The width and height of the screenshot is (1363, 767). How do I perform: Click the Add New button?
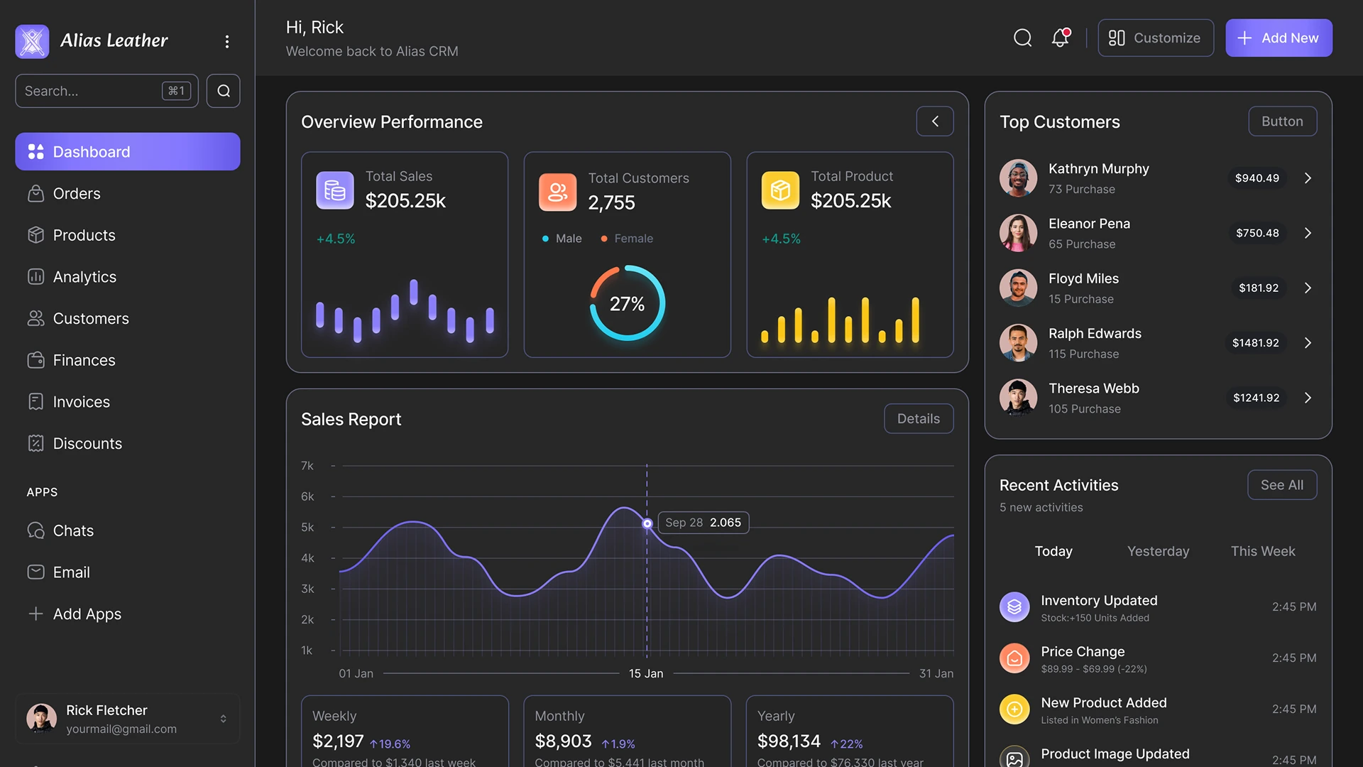coord(1278,38)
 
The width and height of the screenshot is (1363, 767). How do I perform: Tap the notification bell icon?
coord(1060,38)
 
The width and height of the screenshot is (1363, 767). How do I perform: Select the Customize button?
coord(1155,38)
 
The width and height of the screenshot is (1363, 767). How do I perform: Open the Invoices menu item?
coord(81,402)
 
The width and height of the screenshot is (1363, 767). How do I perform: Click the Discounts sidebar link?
coord(87,444)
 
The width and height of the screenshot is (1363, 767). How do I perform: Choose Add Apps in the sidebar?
coord(87,614)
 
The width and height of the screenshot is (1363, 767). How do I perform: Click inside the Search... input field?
coord(89,91)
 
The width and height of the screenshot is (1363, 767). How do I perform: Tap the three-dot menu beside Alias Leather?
coord(227,41)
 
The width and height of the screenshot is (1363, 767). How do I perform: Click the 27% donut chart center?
coord(627,304)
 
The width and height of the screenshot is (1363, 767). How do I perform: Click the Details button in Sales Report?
coord(918,419)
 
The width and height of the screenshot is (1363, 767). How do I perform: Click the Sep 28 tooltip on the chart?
coord(703,523)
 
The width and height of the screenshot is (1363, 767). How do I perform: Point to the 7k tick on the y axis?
coord(307,466)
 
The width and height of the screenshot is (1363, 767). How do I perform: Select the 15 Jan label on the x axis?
coord(646,673)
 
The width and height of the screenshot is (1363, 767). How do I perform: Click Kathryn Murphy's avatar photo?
coord(1018,178)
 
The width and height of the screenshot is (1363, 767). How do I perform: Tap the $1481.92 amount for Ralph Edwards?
coord(1255,343)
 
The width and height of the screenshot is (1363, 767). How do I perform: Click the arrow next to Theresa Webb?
coord(1308,398)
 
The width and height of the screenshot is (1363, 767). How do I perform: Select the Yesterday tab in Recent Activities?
coord(1158,552)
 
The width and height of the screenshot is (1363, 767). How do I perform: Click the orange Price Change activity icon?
coord(1014,658)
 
